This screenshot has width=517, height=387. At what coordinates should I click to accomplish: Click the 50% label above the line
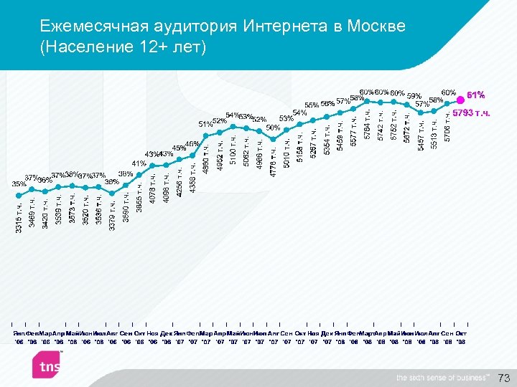pyautogui.click(x=273, y=128)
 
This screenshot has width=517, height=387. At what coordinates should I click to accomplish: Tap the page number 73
pyautogui.click(x=503, y=378)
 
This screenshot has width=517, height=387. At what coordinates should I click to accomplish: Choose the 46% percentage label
pyautogui.click(x=192, y=144)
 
